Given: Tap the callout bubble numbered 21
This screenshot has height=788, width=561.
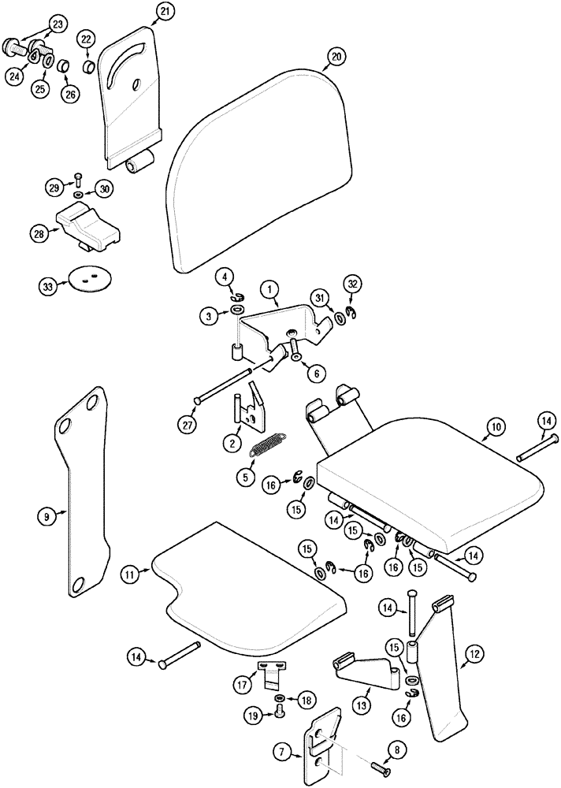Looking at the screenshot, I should [x=165, y=11].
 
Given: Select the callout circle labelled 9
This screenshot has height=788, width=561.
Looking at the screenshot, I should [x=46, y=516].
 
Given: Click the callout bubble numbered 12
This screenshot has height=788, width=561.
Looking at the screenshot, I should [x=475, y=652].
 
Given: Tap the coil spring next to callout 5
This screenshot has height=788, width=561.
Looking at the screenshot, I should [x=266, y=448].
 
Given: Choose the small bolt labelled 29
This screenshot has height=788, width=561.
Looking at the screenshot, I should [x=78, y=177].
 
